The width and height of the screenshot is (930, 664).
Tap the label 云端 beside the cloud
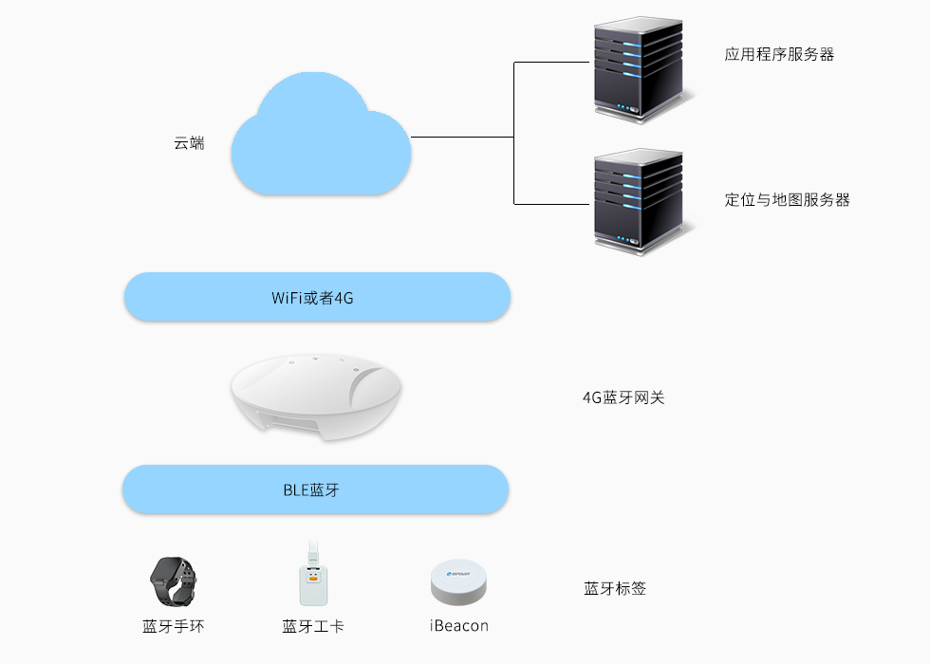pyautogui.click(x=189, y=143)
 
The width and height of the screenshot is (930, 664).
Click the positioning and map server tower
pyautogui.click(x=638, y=202)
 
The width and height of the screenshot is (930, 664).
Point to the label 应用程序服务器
pyautogui.click(x=779, y=55)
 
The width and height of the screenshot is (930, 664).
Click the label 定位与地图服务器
pyautogui.click(x=787, y=200)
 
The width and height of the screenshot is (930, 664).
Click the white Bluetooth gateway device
pyautogui.click(x=316, y=397)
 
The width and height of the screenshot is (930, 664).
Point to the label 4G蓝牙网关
pyautogui.click(x=623, y=397)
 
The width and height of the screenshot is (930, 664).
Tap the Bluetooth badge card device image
pyautogui.click(x=313, y=581)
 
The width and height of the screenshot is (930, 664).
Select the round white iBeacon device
pyautogui.click(x=459, y=582)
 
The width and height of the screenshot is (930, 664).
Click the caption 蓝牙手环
pyautogui.click(x=173, y=626)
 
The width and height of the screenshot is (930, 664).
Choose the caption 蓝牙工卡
pyautogui.click(x=313, y=626)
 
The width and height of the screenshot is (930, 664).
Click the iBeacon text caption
pyautogui.click(x=459, y=626)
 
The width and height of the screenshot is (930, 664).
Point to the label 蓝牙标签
pyautogui.click(x=615, y=589)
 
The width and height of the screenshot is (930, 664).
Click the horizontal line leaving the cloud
pyautogui.click(x=462, y=138)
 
